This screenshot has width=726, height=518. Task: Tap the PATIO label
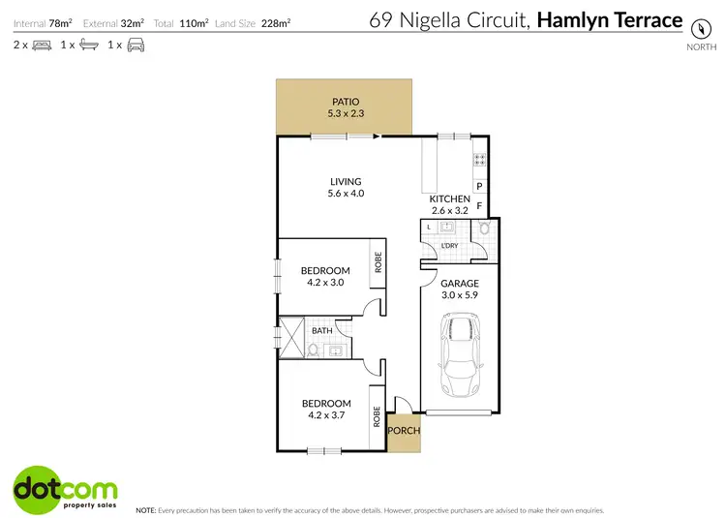click(x=346, y=100)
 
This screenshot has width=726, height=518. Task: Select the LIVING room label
click(x=346, y=181)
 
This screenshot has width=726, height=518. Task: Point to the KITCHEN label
click(x=450, y=198)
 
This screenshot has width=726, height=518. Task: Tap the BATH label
click(x=321, y=330)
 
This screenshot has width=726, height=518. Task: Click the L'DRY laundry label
click(x=449, y=246)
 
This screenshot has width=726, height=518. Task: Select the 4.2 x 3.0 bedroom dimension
click(x=325, y=284)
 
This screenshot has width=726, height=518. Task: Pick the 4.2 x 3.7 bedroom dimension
click(x=325, y=416)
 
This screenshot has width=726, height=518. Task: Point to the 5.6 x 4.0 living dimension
click(x=346, y=195)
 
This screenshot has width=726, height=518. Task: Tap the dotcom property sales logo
click(x=66, y=488)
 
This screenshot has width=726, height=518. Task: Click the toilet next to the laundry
click(x=483, y=230)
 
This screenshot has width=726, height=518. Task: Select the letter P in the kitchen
click(x=479, y=186)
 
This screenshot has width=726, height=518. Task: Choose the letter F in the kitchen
click(x=479, y=205)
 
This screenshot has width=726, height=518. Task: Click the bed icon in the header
click(x=42, y=45)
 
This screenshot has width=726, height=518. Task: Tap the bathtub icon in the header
click(x=87, y=45)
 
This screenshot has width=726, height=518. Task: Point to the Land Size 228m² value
click(x=277, y=21)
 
